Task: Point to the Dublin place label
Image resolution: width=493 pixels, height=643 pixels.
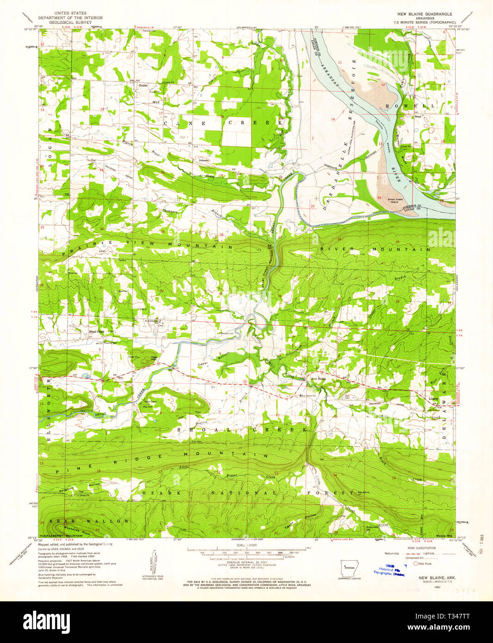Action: click(143, 85)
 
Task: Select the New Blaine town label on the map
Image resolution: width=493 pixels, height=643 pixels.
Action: click(318, 379)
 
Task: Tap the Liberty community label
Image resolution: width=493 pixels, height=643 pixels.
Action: click(433, 398)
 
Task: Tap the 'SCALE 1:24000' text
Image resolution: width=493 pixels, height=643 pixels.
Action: click(246, 546)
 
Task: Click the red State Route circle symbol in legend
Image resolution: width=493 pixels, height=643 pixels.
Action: click(415, 563)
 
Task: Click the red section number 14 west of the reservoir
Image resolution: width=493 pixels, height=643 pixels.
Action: click(333, 120)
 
